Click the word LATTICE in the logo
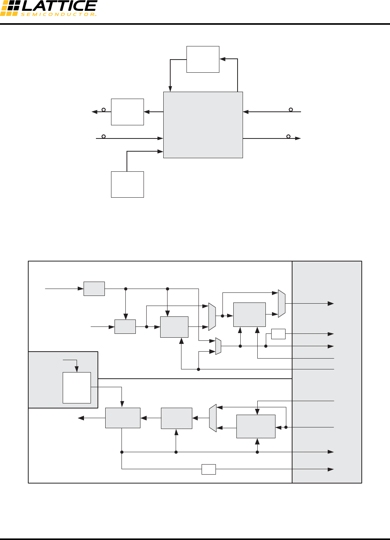(x=59, y=6)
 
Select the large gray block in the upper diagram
(x=203, y=125)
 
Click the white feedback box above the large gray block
(x=203, y=59)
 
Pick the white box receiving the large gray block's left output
(x=127, y=112)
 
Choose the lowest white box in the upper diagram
(x=127, y=185)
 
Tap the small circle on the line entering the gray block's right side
(x=291, y=110)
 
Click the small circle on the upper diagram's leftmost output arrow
(x=103, y=110)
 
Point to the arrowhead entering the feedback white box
(x=222, y=59)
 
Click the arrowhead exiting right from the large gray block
(x=298, y=138)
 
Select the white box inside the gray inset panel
(x=77, y=388)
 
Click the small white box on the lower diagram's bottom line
(x=209, y=469)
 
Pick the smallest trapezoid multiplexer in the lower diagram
(x=218, y=346)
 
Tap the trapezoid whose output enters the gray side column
(x=282, y=304)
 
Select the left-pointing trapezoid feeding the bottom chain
(x=213, y=418)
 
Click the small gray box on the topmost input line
(x=94, y=289)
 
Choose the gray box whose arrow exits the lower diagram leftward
(x=123, y=418)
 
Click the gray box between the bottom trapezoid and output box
(x=176, y=418)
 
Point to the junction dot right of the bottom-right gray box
(x=286, y=427)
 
